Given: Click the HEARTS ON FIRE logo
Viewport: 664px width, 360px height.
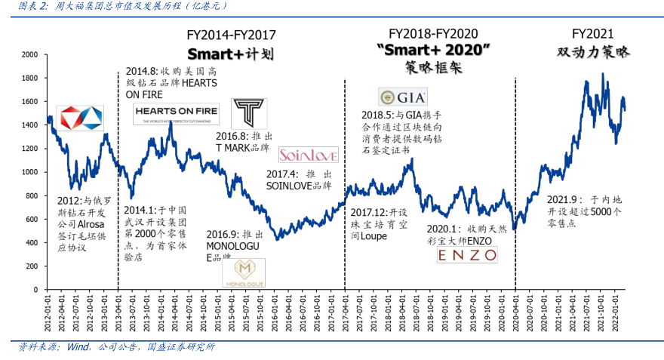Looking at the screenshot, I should [176, 115].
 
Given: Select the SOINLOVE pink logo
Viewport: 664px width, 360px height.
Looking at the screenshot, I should [308, 155].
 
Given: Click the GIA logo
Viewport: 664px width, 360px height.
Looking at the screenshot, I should [403, 97].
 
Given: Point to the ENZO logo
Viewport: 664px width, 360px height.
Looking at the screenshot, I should [468, 255].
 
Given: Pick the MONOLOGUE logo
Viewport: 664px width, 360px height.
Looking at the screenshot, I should [244, 272].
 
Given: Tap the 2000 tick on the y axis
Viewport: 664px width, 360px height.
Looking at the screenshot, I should [29, 54].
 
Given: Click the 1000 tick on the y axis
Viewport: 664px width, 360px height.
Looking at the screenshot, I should [29, 172].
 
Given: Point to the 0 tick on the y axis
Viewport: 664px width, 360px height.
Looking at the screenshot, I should [35, 289].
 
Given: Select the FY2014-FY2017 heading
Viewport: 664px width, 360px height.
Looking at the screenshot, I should [231, 35].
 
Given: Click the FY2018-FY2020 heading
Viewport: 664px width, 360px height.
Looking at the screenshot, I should [433, 34].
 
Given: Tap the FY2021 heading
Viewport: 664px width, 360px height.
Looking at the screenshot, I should [592, 34].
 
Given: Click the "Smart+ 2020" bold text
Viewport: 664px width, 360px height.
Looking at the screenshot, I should [433, 50].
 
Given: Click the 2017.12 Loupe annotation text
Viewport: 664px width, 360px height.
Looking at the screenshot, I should [380, 224].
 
